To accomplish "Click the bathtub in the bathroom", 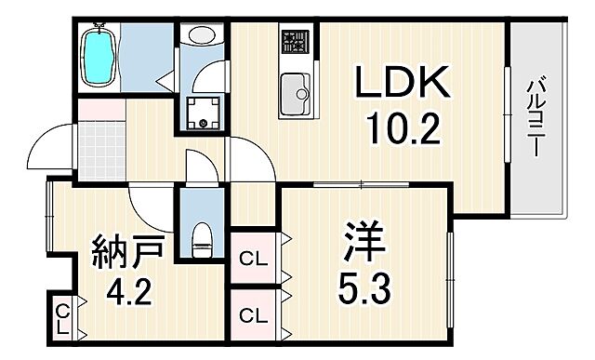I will pyautogui.click(x=99, y=57).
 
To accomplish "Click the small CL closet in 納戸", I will pyautogui.click(x=62, y=317).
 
